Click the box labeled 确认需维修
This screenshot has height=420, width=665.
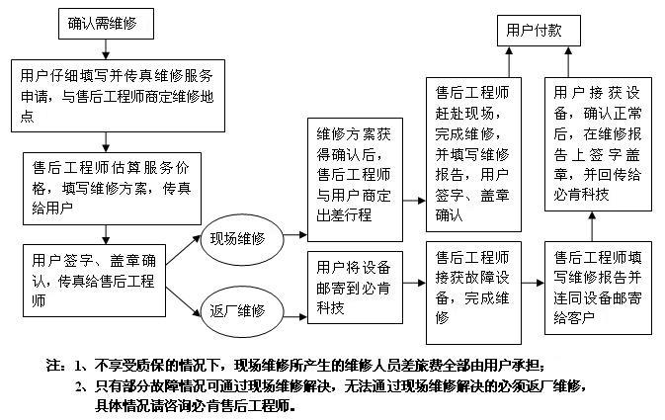pos(106,24)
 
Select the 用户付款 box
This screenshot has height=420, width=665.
pos(539,31)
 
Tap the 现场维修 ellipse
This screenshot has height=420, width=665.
pos(242,239)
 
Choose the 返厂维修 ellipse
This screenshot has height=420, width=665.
pos(242,311)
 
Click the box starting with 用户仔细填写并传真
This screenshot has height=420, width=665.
pos(118,96)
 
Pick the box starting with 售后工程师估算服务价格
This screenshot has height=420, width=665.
pos(112,189)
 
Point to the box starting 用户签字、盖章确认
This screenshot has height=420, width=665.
pos(94,281)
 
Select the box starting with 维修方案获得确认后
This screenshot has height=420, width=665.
pos(355,180)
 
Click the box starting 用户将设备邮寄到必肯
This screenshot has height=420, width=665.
pos(355,288)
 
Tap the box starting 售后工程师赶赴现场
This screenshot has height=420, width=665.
pos(473,154)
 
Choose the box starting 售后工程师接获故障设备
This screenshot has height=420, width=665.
pos(473,293)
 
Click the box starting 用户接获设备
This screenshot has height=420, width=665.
pos(598,144)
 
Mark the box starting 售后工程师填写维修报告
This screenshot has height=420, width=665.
pos(598,288)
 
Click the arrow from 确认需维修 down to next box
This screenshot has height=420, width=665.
pos(106,49)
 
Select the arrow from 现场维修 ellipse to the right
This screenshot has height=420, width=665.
pos(295,234)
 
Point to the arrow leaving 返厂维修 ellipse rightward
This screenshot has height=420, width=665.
pos(295,316)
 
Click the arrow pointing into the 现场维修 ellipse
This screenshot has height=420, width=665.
pos(183,250)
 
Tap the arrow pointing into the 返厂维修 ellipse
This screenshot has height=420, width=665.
pos(183,301)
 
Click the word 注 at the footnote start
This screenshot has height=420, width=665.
pos(51,366)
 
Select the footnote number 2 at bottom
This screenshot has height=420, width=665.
pos(79,386)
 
